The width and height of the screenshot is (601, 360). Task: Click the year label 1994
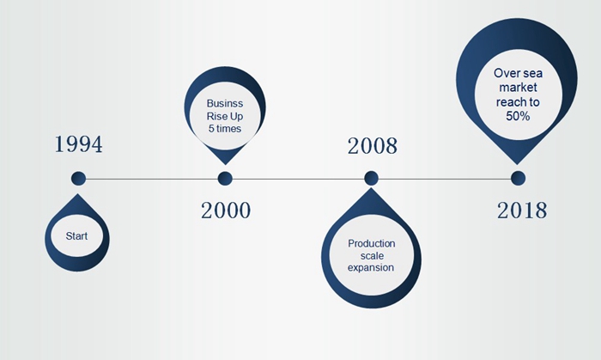[79, 144]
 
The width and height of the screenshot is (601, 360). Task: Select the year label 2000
[226, 211]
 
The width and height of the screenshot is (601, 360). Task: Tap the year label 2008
[372, 146]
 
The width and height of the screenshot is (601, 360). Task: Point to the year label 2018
[522, 211]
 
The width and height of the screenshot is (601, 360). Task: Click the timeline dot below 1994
[79, 178]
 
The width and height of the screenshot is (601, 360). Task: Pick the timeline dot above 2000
[225, 178]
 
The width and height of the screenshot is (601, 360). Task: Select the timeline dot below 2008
[371, 178]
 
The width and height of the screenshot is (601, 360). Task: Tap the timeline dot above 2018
[519, 178]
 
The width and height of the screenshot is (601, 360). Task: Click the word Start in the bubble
[76, 236]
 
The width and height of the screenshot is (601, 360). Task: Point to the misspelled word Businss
[225, 103]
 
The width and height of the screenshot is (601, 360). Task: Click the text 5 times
[225, 128]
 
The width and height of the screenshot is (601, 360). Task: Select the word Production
[372, 243]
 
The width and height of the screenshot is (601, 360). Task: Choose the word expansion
[371, 267]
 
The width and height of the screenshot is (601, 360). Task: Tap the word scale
[372, 256]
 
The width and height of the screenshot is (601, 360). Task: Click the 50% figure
[518, 116]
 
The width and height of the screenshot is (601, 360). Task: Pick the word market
[518, 88]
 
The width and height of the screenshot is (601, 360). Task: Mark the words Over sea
[518, 73]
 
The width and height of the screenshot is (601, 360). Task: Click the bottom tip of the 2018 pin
[517, 164]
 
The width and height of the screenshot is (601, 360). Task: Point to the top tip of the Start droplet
[78, 194]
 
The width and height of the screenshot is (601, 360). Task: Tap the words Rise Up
[225, 116]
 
